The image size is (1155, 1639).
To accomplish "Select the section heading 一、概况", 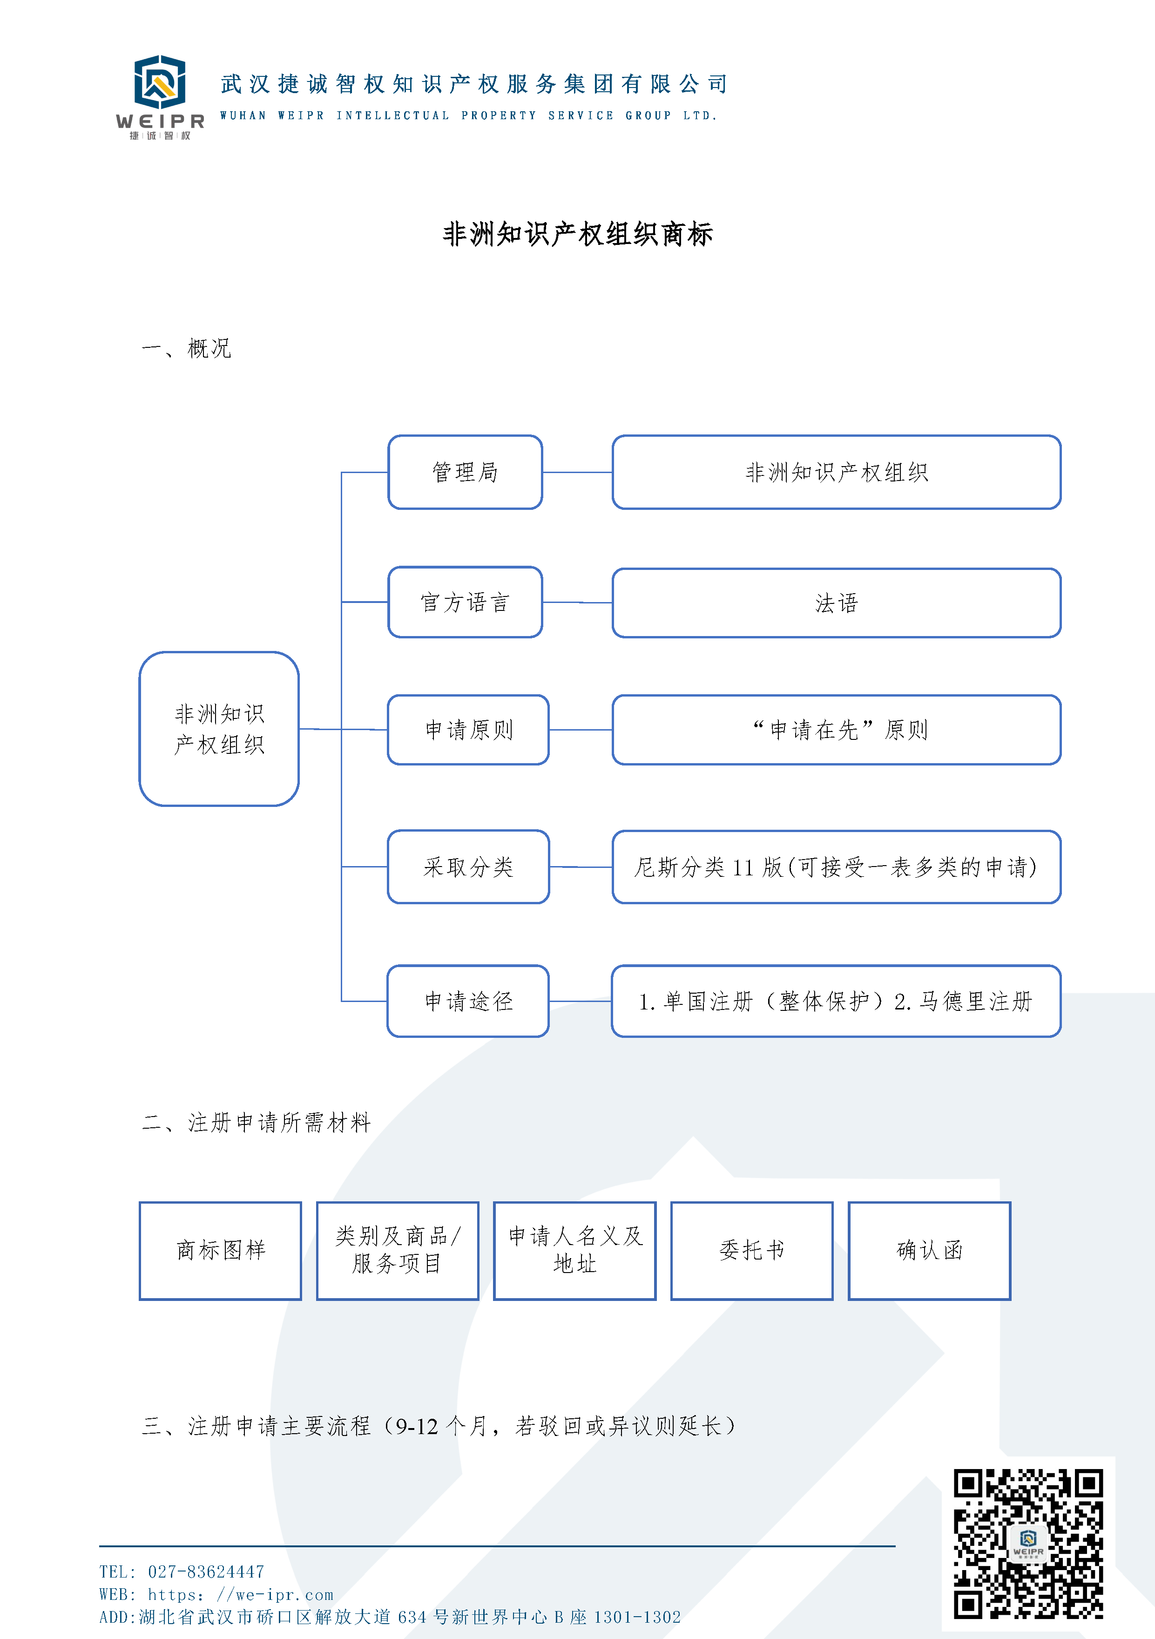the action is pyautogui.click(x=186, y=348).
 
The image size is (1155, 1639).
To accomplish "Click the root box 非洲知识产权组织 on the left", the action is pyautogui.click(x=219, y=729).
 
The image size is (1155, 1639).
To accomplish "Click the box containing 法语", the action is pyautogui.click(x=837, y=603).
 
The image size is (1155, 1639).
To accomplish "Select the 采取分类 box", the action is pyautogui.click(x=468, y=867).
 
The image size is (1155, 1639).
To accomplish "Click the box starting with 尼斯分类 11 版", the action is pyautogui.click(x=837, y=867).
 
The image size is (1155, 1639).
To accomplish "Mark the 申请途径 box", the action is pyautogui.click(x=468, y=1001).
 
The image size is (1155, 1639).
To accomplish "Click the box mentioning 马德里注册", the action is pyautogui.click(x=837, y=1001).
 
